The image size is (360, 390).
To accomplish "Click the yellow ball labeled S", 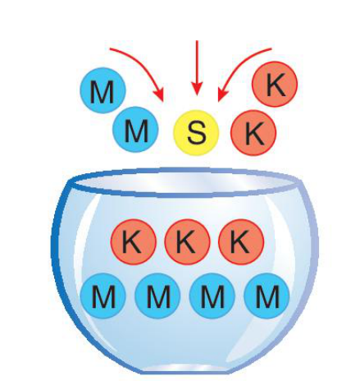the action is [x=196, y=132].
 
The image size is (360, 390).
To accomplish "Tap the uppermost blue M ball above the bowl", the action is [x=103, y=90].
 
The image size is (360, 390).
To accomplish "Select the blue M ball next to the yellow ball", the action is [x=135, y=130].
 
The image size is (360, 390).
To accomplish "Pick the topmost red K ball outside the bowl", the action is [x=275, y=84].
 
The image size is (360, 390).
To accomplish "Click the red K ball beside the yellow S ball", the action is [x=253, y=133].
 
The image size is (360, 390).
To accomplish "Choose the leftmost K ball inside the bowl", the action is [x=133, y=241].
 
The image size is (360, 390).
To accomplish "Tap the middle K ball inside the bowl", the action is [x=187, y=241].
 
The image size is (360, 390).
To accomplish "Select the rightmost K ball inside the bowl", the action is [x=241, y=241].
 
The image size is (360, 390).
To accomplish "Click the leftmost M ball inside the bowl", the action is [x=103, y=296].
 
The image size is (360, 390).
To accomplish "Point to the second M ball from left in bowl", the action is [x=157, y=296].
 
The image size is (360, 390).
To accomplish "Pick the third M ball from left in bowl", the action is [x=212, y=296].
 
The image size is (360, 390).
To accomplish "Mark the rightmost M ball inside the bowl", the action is [x=267, y=296].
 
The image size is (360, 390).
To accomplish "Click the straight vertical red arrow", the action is [x=197, y=68].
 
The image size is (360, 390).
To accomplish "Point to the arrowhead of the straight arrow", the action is [x=197, y=88].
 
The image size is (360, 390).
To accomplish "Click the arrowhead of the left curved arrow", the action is [x=159, y=94].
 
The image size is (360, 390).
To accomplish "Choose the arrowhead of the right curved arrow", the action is [x=222, y=94].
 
